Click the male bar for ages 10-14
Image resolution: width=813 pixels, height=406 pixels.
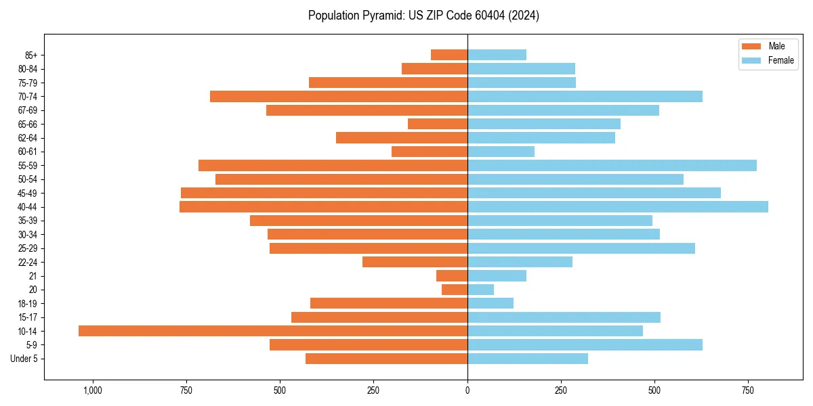click(273, 331)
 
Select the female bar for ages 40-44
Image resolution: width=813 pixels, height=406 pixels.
click(618, 207)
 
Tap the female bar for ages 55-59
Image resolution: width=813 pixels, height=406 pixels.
click(612, 166)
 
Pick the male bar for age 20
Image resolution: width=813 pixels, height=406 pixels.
click(455, 290)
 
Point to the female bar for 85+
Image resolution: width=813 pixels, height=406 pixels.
click(497, 55)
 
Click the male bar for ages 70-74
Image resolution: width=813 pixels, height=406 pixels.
click(339, 97)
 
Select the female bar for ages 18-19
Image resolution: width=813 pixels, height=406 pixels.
click(491, 303)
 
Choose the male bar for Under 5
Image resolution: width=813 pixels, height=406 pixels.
click(386, 359)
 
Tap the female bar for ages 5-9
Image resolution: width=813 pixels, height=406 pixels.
click(585, 345)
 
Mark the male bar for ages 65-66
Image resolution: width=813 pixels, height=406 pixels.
click(438, 124)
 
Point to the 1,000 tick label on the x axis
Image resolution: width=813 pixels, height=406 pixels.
click(92, 390)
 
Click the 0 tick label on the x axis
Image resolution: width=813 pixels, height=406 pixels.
click(467, 390)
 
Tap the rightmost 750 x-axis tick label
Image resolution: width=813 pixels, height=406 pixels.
click(747, 390)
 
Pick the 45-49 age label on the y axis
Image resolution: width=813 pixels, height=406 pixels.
click(27, 194)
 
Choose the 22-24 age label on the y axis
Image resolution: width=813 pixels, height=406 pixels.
click(27, 263)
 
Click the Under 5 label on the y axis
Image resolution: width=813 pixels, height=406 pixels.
click(24, 359)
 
